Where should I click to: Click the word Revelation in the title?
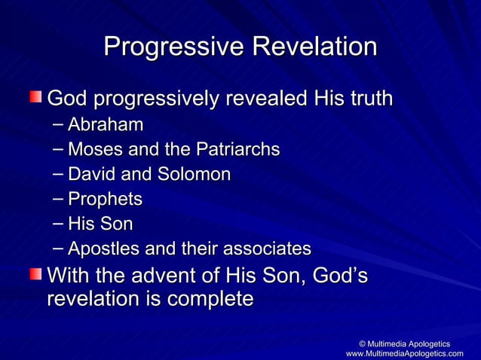[x=314, y=47]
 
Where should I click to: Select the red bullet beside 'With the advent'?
[x=36, y=276]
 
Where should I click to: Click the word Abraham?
[x=105, y=124]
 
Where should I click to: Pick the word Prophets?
[x=105, y=199]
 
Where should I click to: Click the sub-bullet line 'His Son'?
[x=100, y=224]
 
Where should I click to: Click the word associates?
[x=268, y=249]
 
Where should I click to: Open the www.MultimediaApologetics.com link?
[x=404, y=353]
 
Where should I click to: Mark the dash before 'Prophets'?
[x=60, y=199]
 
